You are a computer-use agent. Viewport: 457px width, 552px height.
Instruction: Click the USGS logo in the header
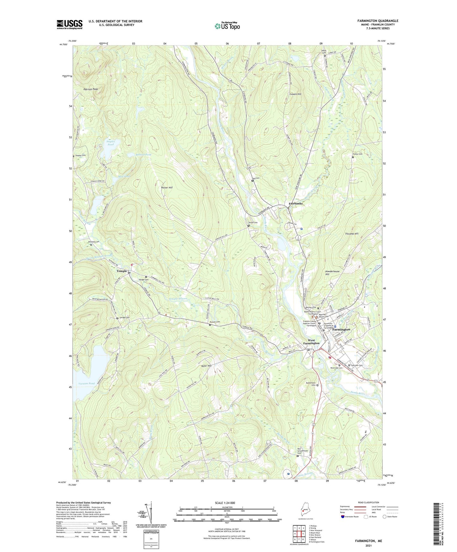[x=70, y=24]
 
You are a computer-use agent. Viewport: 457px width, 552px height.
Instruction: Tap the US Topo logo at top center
[x=227, y=26]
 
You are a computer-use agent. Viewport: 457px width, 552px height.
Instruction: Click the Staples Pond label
[x=110, y=143]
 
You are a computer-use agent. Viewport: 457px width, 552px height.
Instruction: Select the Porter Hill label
[x=167, y=187]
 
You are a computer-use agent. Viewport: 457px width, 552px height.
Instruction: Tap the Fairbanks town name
[x=295, y=204]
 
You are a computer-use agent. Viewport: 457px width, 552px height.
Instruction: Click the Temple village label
[x=122, y=271]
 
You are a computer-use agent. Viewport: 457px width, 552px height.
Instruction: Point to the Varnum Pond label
[x=86, y=383]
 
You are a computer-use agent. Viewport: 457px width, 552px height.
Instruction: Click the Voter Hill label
[x=206, y=365]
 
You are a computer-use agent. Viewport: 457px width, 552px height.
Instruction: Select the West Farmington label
[x=311, y=342]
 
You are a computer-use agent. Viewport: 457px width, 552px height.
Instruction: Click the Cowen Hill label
[x=295, y=94]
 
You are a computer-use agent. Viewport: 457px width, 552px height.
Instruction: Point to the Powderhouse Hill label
[x=332, y=273]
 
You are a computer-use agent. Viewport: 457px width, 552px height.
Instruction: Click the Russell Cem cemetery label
[x=215, y=322]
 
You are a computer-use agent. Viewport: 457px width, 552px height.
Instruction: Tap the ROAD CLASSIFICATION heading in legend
[x=368, y=502]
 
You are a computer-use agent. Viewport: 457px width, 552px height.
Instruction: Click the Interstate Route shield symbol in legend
[x=343, y=517]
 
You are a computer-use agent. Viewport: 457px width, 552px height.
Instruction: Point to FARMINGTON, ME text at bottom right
[x=368, y=541]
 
